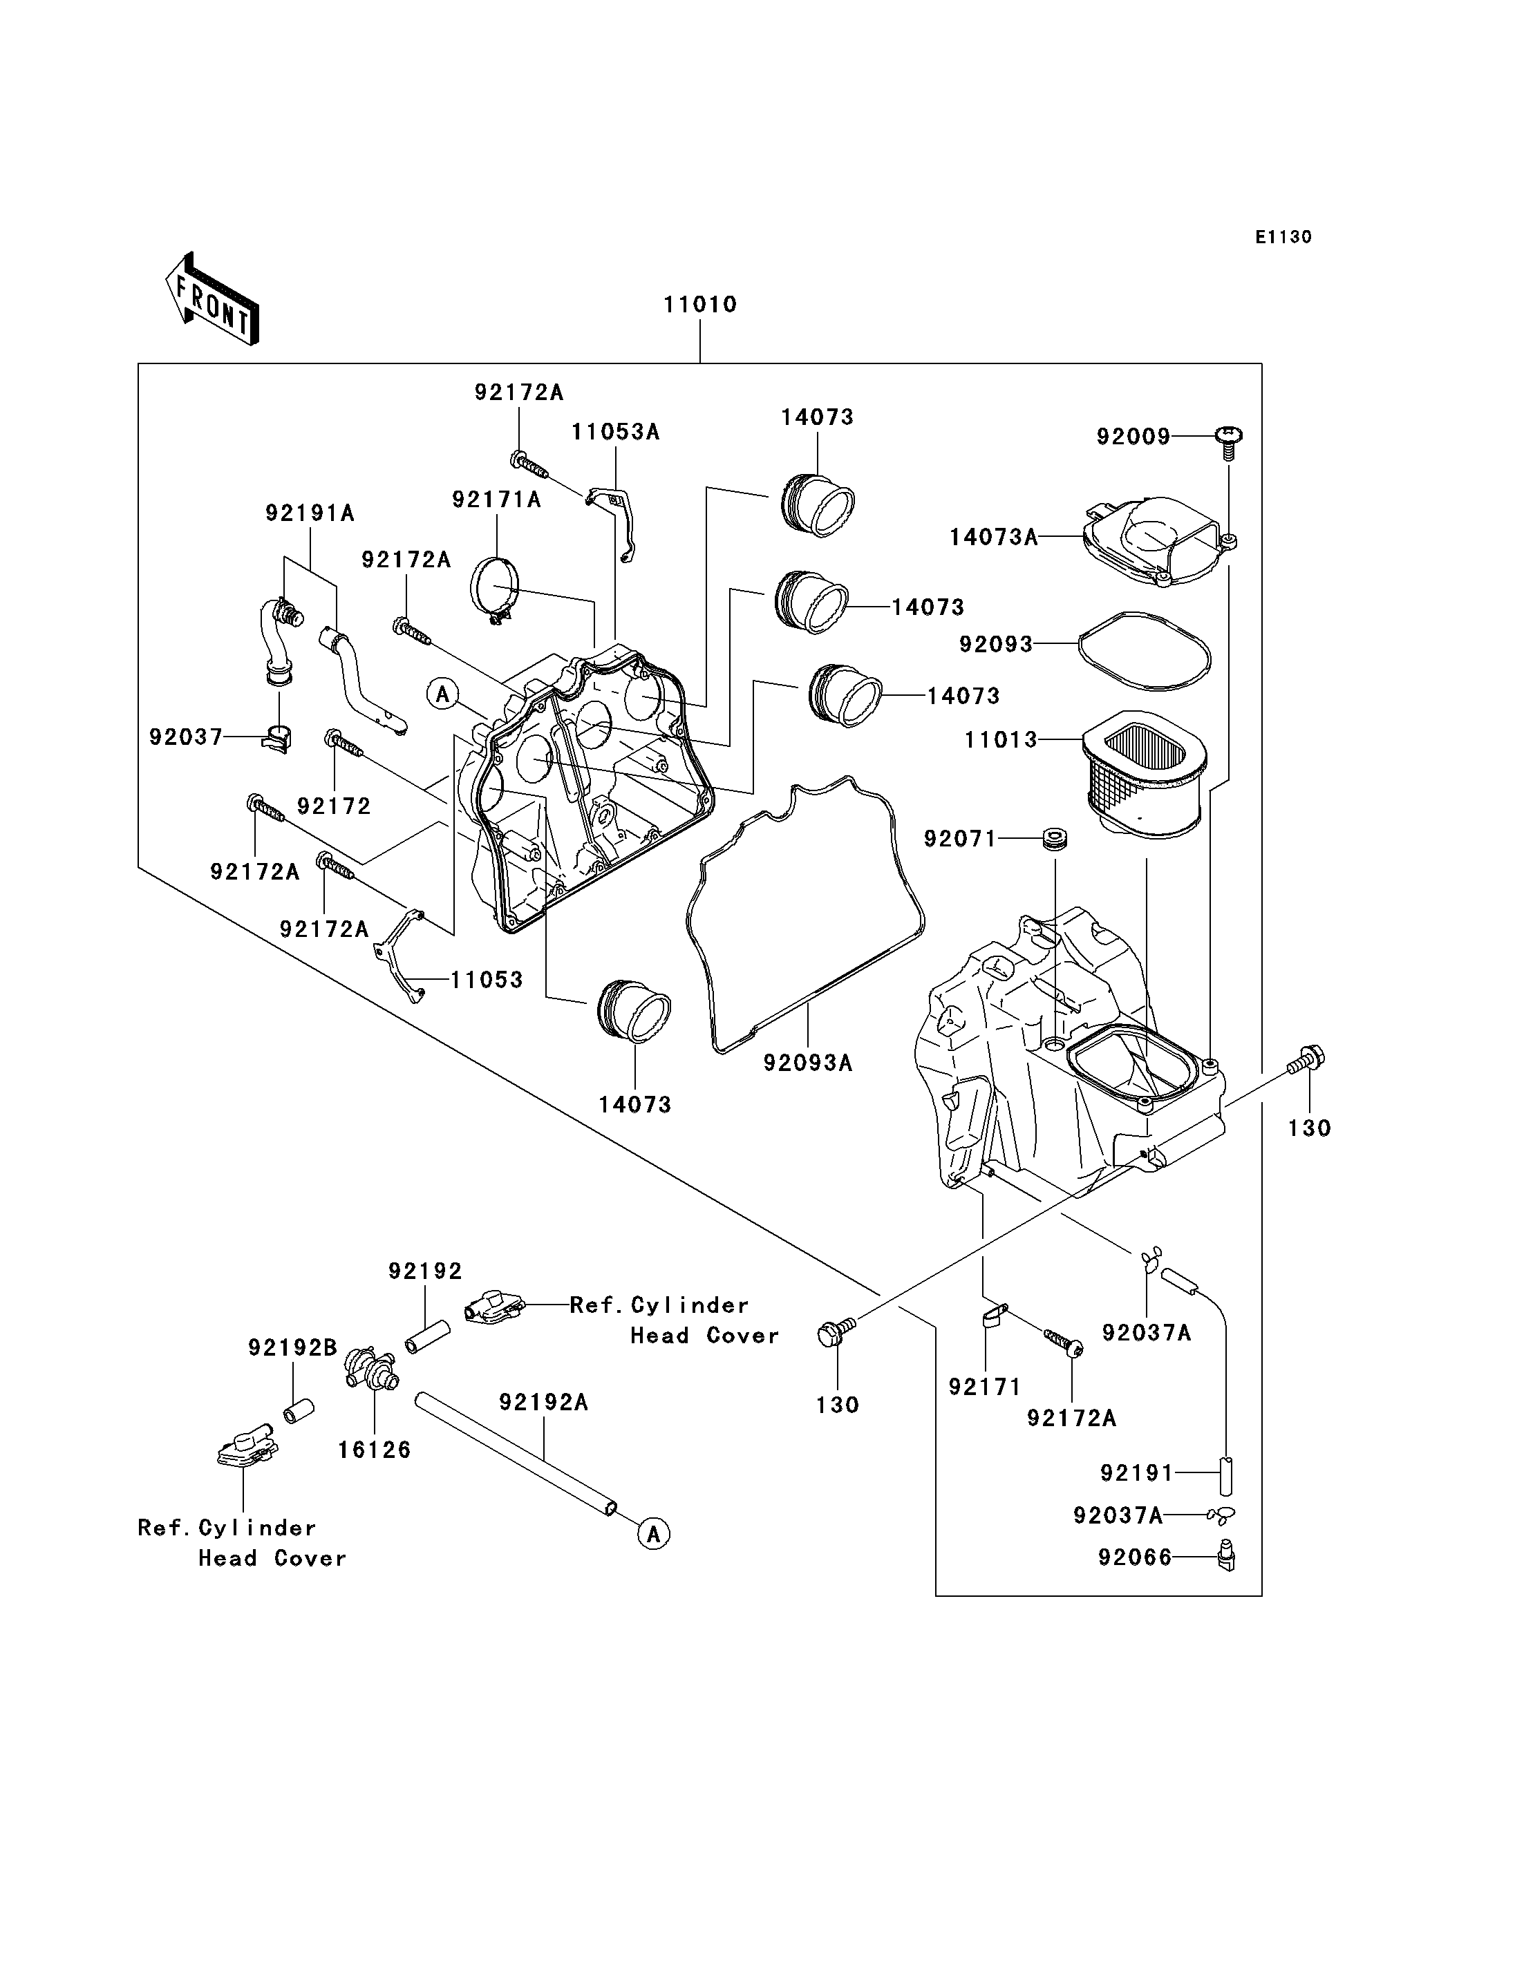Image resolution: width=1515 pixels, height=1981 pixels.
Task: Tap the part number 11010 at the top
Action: click(699, 305)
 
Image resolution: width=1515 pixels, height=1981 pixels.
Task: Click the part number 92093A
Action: click(807, 1063)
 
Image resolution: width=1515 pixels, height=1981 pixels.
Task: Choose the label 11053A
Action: click(615, 432)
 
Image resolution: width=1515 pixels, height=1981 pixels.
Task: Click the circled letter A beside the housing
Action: click(443, 694)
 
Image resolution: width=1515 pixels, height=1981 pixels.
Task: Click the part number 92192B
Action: click(292, 1347)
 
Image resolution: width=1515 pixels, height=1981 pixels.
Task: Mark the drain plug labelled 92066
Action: click(1226, 1557)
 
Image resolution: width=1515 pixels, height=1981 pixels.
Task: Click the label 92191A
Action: click(310, 513)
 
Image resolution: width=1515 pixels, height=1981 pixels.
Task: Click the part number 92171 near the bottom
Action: click(983, 1387)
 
